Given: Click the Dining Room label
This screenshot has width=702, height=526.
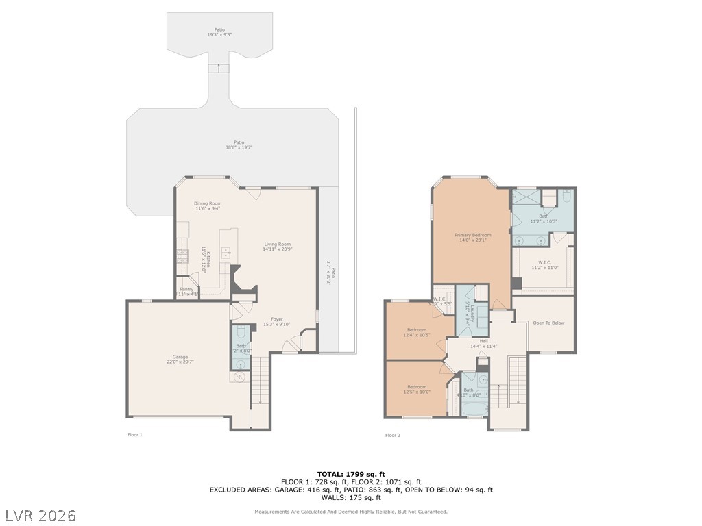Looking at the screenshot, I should pos(207,206).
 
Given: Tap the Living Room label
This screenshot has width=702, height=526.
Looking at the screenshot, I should pos(278,247).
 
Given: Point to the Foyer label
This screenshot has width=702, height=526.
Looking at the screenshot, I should pos(276,321).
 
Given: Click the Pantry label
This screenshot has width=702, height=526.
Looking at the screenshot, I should pos(186,291).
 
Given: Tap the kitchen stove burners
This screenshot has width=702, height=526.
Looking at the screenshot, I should pos(182,256).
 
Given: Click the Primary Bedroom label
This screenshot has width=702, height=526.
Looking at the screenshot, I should pos(472,238).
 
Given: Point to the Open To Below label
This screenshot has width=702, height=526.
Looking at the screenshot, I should pos(548,323).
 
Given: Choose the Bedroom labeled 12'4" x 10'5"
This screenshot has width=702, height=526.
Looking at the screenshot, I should pos(417,332).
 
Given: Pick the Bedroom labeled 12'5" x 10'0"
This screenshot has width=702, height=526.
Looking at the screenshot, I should pos(416,389).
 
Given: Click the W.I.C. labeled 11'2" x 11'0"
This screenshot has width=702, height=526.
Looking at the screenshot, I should pos(545,264).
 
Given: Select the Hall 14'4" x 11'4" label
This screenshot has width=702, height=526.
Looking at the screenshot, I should pos(483,343).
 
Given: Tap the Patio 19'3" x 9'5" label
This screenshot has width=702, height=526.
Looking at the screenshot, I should pos(219,32).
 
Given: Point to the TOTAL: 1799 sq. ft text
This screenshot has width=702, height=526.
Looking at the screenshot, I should pos(351,474).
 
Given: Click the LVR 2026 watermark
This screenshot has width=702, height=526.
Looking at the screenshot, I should pos(41,514).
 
